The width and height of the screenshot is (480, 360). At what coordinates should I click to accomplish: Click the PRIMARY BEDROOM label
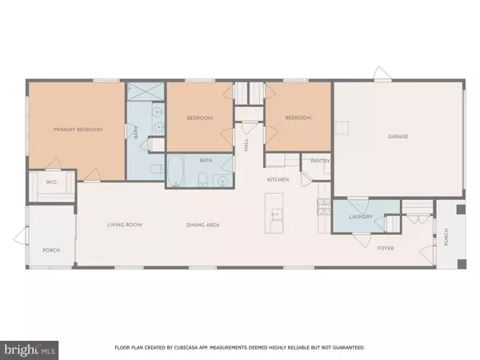pyautogui.click(x=78, y=130)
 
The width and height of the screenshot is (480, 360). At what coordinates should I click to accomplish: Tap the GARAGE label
pyautogui.click(x=398, y=137)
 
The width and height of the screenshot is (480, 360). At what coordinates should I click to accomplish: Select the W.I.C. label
pyautogui.click(x=51, y=182)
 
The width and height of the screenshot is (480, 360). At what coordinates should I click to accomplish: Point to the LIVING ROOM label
pyautogui.click(x=124, y=225)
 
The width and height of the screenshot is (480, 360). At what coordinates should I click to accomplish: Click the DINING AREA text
pyautogui.click(x=202, y=225)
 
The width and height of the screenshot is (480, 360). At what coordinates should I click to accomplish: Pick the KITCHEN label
pyautogui.click(x=278, y=180)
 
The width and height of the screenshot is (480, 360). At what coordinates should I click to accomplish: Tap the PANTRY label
pyautogui.click(x=320, y=161)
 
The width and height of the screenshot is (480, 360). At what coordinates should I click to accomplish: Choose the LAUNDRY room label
pyautogui.click(x=361, y=217)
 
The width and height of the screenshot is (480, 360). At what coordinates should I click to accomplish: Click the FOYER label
pyautogui.click(x=386, y=248)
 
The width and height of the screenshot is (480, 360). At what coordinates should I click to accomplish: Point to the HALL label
pyautogui.click(x=246, y=145)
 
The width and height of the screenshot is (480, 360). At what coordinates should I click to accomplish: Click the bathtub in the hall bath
pyautogui.click(x=175, y=171)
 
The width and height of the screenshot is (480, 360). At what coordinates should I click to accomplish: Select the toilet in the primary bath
pyautogui.click(x=157, y=169)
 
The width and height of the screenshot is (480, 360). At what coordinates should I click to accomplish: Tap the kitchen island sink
pyautogui.click(x=277, y=214)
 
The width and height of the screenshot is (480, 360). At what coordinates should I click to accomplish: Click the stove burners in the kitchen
pyautogui.click(x=324, y=206)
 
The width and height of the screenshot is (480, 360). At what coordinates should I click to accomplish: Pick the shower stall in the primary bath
pyautogui.click(x=146, y=91)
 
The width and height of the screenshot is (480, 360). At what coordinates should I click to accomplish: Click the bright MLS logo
pyautogui.click(x=29, y=350)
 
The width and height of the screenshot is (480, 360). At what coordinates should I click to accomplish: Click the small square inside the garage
pyautogui.click(x=342, y=128)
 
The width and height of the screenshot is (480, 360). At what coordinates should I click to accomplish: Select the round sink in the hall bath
pyautogui.click(x=222, y=182)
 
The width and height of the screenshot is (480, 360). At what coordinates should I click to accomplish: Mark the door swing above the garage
pyautogui.click(x=382, y=74)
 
